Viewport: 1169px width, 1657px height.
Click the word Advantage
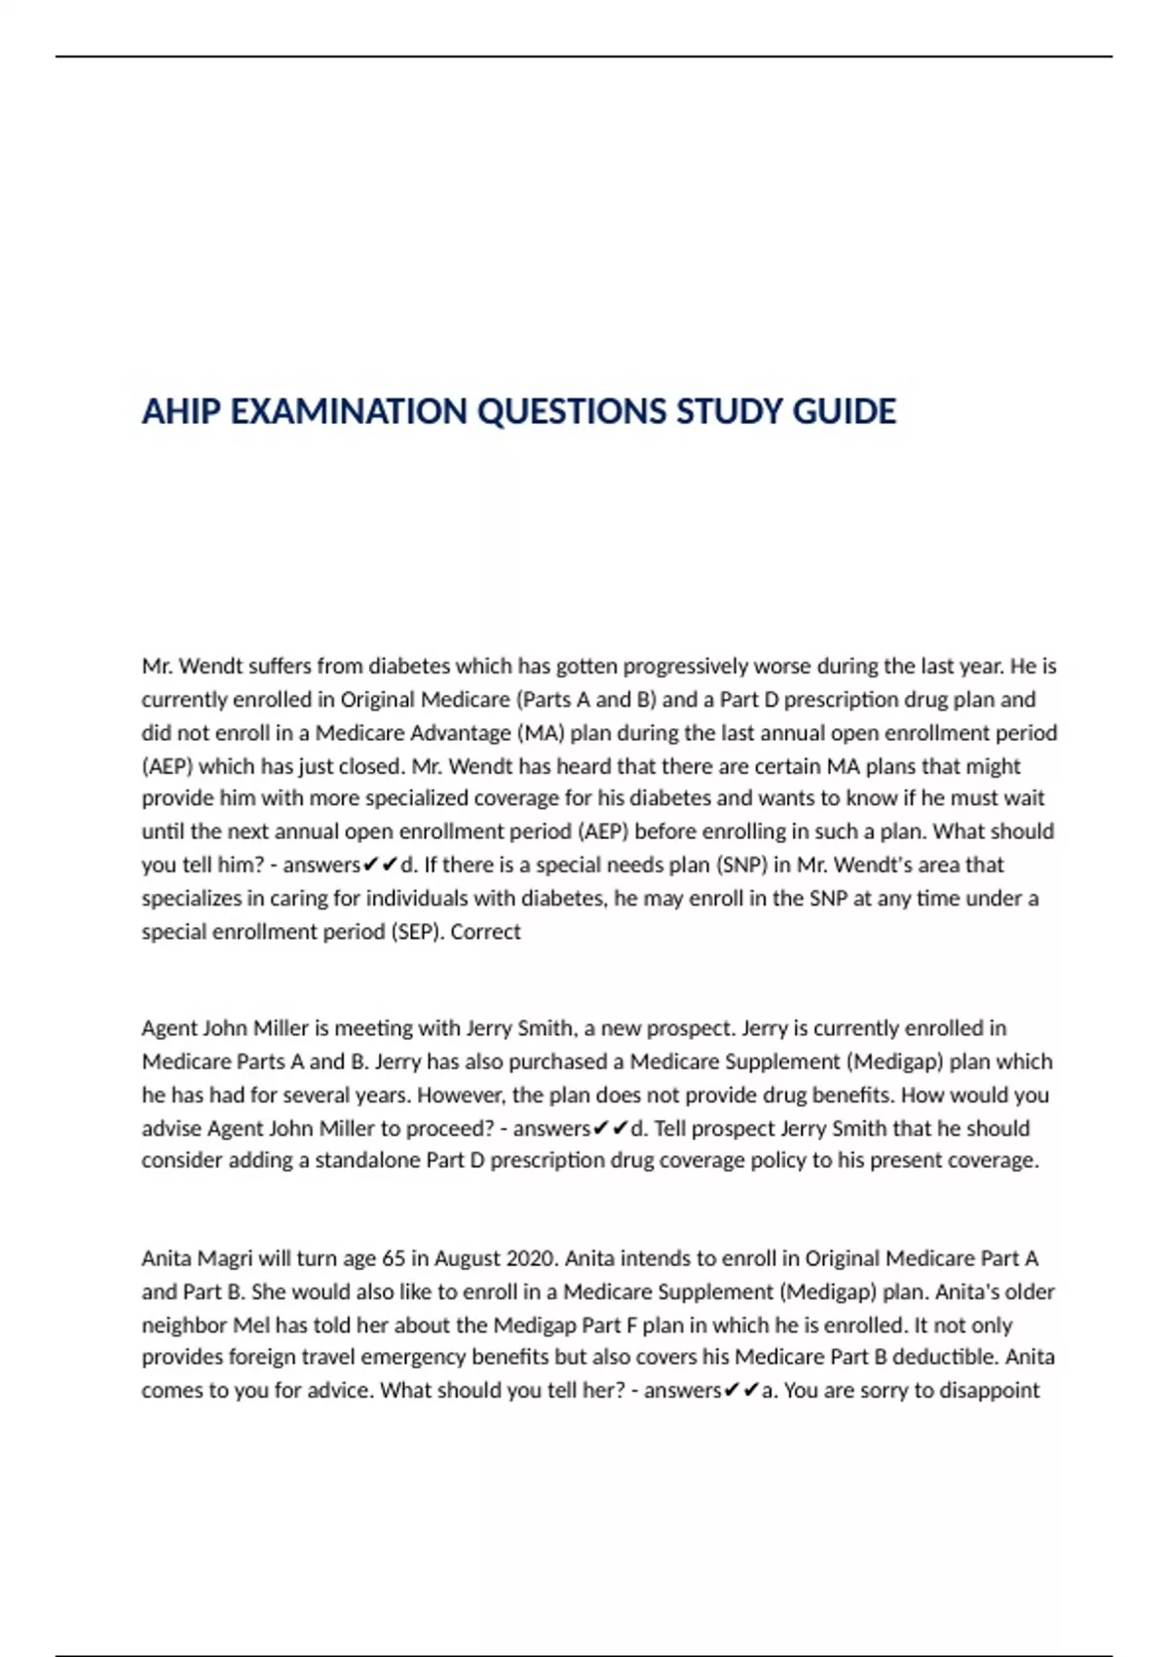click(458, 733)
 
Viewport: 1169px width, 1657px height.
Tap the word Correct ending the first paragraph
click(485, 932)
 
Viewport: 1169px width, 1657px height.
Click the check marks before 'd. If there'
click(380, 866)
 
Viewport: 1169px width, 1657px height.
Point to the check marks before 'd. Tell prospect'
click(611, 1129)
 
